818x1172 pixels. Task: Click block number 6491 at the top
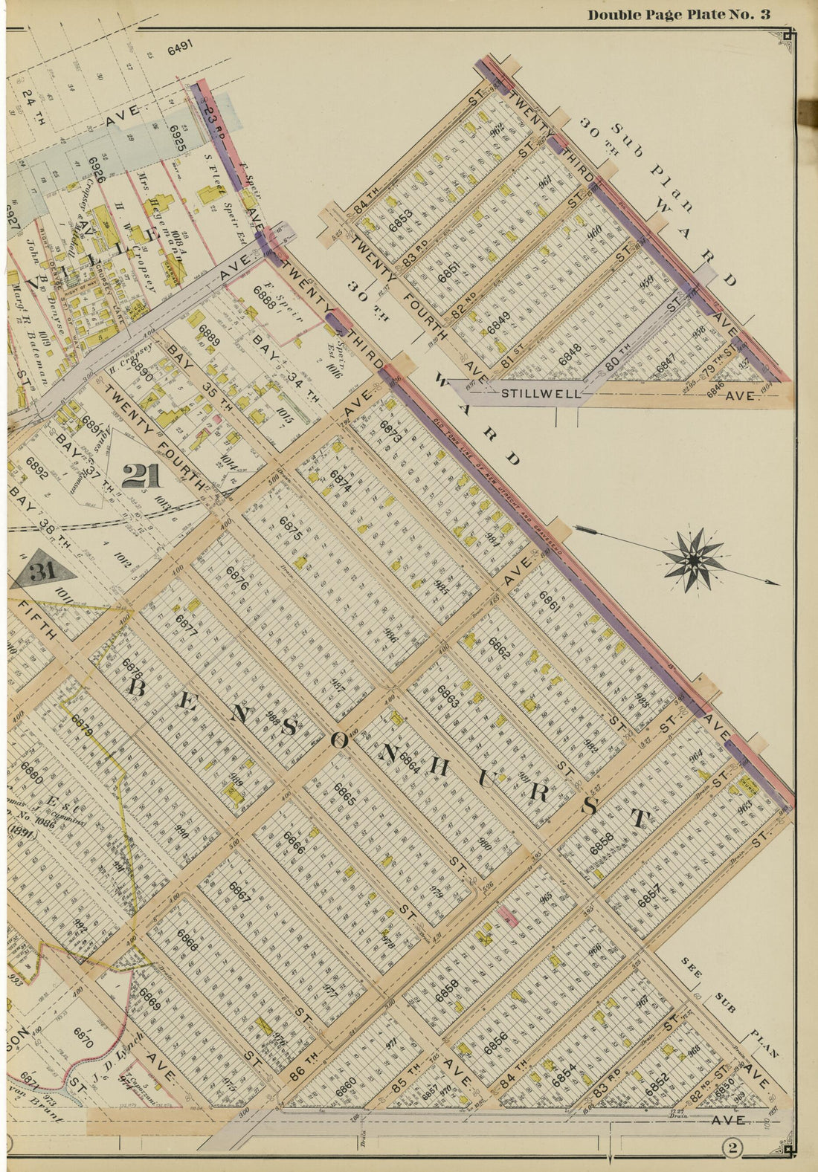click(180, 50)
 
